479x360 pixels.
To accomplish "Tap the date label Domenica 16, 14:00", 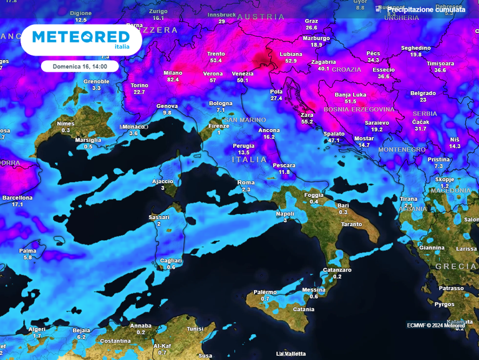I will pyautogui.click(x=79, y=65).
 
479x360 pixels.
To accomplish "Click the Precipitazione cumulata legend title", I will pyautogui.click(x=426, y=9).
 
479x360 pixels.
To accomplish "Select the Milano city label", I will pyautogui.click(x=173, y=73).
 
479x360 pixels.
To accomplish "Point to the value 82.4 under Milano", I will pyautogui.click(x=173, y=80).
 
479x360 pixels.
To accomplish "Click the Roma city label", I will pyautogui.click(x=246, y=182).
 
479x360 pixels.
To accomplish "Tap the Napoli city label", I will pyautogui.click(x=285, y=213).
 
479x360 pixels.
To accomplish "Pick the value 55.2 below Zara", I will pyautogui.click(x=307, y=122).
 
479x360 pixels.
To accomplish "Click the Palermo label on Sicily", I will pyautogui.click(x=265, y=292).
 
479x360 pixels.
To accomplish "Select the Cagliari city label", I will pyautogui.click(x=171, y=260).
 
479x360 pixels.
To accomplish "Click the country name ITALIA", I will pyautogui.click(x=249, y=160).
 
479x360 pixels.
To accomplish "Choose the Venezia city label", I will pyautogui.click(x=243, y=74).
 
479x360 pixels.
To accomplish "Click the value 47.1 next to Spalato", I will pyautogui.click(x=334, y=141).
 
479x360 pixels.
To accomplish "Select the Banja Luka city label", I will pyautogui.click(x=351, y=95).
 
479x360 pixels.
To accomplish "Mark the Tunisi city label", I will pyautogui.click(x=195, y=328).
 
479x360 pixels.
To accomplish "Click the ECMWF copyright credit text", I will pyautogui.click(x=436, y=325).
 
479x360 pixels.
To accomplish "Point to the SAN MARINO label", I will pyautogui.click(x=245, y=119).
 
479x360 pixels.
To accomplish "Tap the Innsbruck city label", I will pyautogui.click(x=221, y=14).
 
